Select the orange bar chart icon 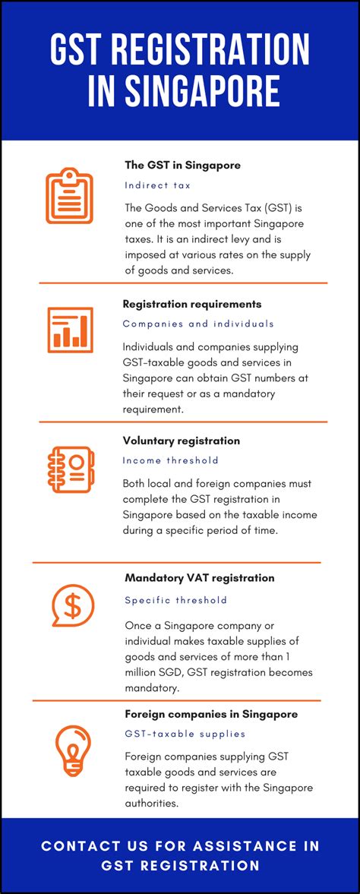click(x=70, y=330)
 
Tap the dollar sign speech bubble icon click(x=71, y=605)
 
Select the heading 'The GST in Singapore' click(x=182, y=165)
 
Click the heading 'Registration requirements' click(x=192, y=304)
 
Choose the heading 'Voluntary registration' click(x=182, y=441)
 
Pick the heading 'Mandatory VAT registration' click(x=200, y=578)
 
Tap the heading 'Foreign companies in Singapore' click(x=211, y=714)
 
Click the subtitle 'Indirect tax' click(x=157, y=185)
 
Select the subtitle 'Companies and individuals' click(x=198, y=324)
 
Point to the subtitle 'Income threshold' click(x=170, y=460)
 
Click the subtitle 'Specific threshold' click(x=175, y=600)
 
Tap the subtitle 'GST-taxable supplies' click(x=185, y=734)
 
